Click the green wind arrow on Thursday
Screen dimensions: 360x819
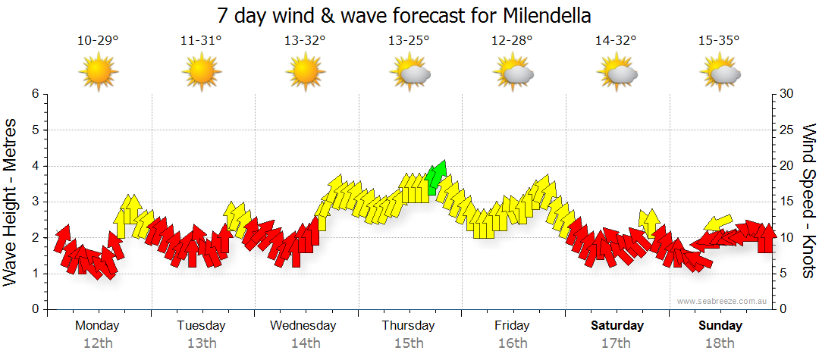click(x=435, y=177)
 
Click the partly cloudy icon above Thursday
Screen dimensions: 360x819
click(x=409, y=73)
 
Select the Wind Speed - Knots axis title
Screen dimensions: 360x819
click(x=808, y=201)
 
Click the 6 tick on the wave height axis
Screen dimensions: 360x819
click(x=34, y=94)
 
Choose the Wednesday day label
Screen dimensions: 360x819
click(x=303, y=326)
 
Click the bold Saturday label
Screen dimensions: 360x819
click(x=617, y=326)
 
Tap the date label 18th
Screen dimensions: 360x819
click(x=720, y=343)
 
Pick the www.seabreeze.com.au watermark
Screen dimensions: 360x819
click(x=723, y=302)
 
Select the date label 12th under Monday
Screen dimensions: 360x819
click(x=98, y=343)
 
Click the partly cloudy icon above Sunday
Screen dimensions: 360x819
click(x=720, y=73)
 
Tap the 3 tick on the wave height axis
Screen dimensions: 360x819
click(x=34, y=202)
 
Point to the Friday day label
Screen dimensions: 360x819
click(x=512, y=326)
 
